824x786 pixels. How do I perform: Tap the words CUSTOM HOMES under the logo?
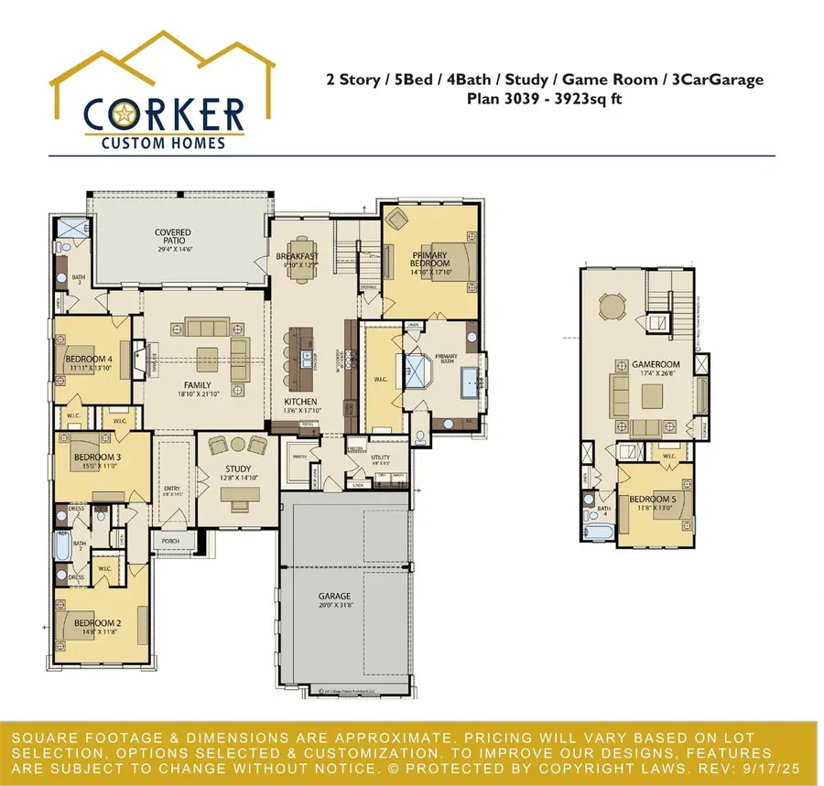coord(163,142)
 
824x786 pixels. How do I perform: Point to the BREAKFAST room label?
coord(298,257)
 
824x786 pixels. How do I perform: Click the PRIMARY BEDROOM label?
coord(429,259)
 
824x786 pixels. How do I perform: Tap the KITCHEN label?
coord(300,402)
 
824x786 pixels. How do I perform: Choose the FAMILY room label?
coord(197,385)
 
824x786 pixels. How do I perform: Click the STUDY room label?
coord(238,468)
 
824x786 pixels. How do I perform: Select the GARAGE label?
coord(335,597)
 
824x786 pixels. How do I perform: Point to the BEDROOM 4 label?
coord(89,360)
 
